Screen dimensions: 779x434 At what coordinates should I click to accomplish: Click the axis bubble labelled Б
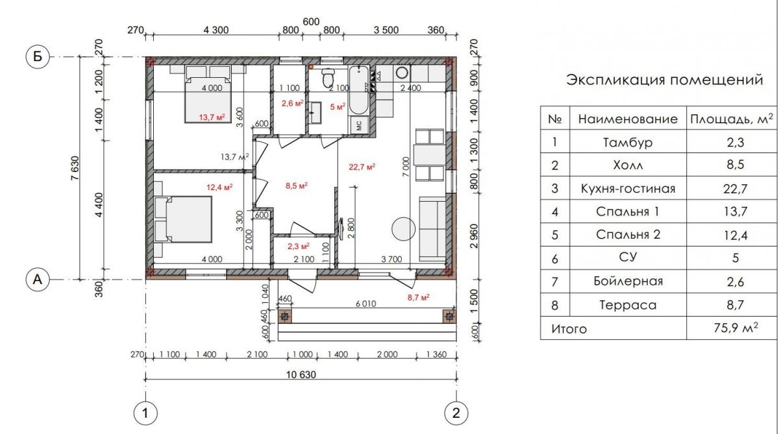pos(38,56)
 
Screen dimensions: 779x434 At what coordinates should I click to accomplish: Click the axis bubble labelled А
pos(38,279)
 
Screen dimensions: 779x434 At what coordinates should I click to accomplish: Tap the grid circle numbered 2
pos(456,413)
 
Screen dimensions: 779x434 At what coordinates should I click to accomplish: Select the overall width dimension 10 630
pos(301,375)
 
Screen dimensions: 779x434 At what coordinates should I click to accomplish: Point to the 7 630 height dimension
pos(75,168)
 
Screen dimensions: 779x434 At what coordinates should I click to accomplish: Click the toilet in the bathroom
pos(328,77)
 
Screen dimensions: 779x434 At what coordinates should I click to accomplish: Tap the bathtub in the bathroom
pos(358,90)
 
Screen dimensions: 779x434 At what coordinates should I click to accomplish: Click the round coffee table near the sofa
pos(403,229)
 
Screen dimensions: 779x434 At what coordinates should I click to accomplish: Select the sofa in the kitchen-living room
pos(432,229)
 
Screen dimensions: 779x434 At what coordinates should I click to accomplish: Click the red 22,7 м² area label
pos(362,167)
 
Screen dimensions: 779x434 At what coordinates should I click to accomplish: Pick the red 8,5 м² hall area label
pos(297,186)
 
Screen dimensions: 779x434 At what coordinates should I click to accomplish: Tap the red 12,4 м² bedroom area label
pos(220,187)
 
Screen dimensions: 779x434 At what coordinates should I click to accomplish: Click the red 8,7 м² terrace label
pos(418,297)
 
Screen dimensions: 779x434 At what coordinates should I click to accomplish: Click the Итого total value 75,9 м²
pos(736,328)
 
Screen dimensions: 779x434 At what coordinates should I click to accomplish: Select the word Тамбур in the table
pos(628,143)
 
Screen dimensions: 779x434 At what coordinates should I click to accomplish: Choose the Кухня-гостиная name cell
pos(628,188)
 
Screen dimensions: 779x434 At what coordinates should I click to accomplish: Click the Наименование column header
pos(628,119)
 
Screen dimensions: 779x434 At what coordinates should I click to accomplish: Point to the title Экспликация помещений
pos(665,80)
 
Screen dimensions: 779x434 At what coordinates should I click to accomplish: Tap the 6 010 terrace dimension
pos(366,304)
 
